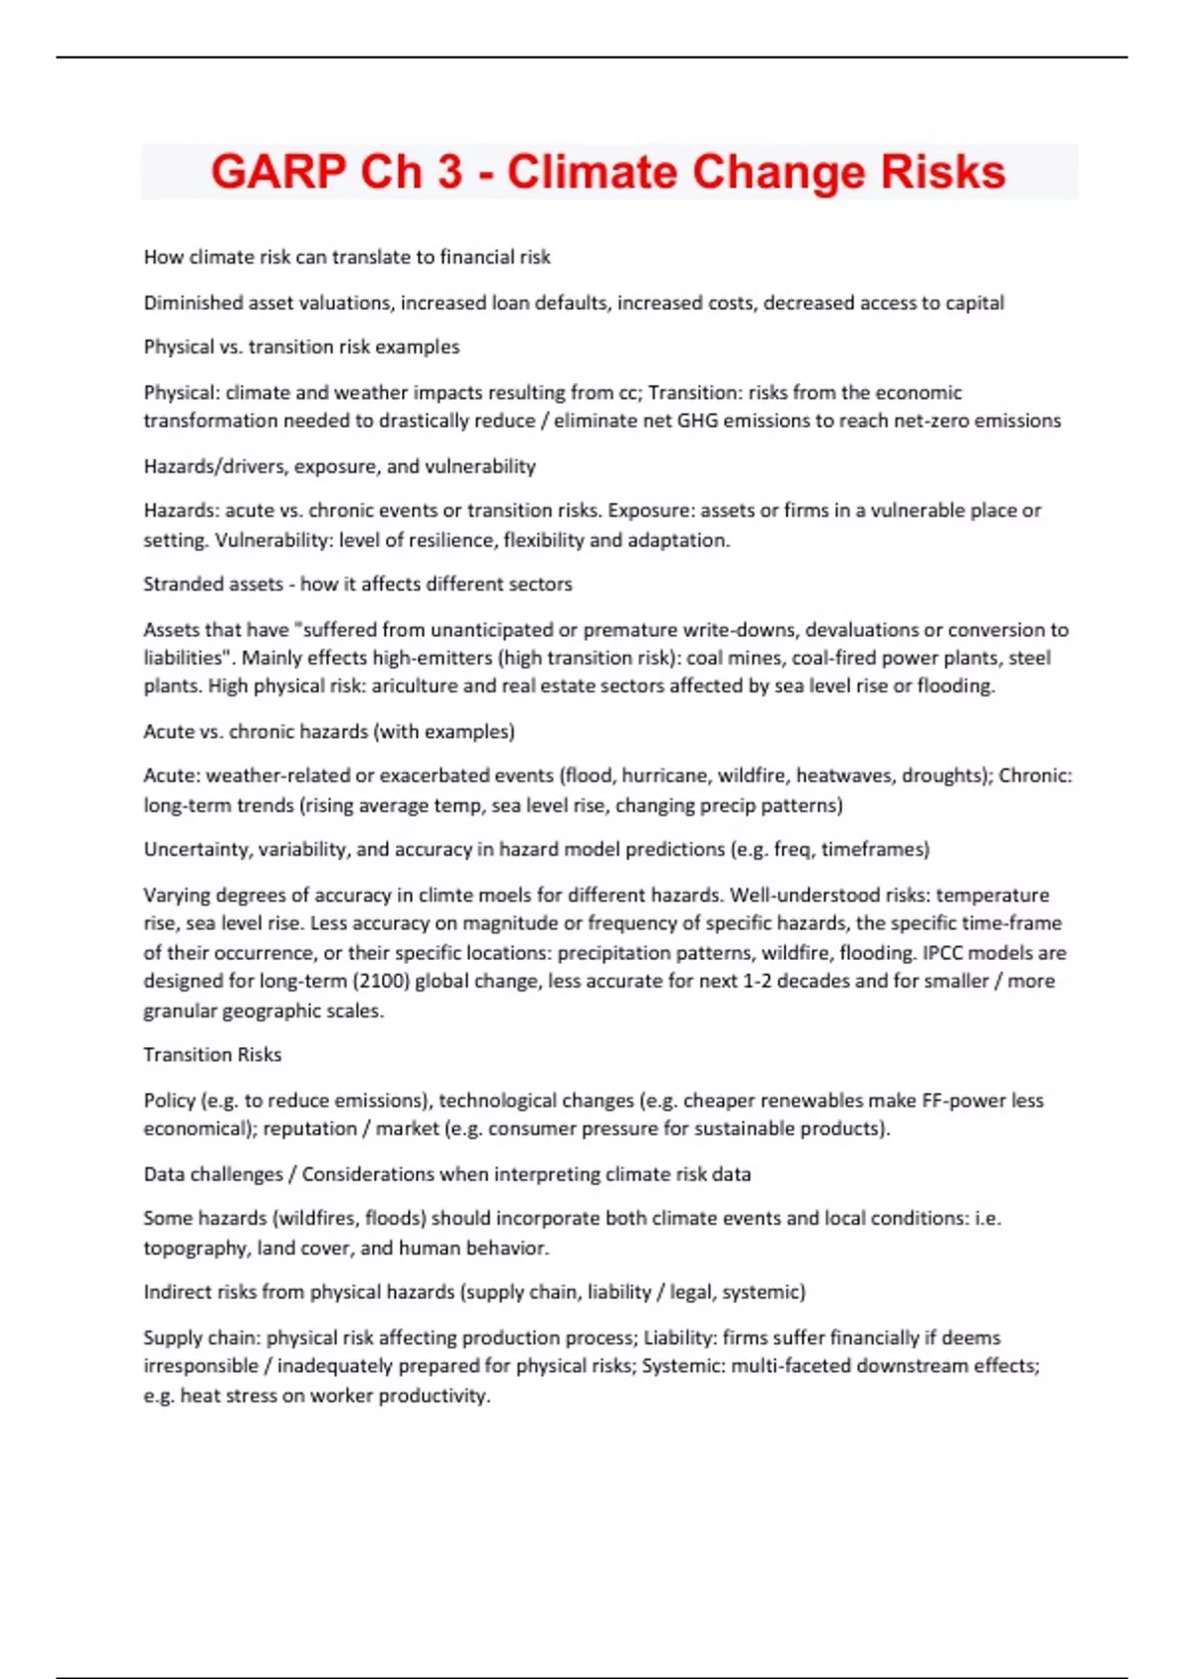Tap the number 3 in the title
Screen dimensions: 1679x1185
click(x=449, y=172)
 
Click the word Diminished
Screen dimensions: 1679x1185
click(x=193, y=303)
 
